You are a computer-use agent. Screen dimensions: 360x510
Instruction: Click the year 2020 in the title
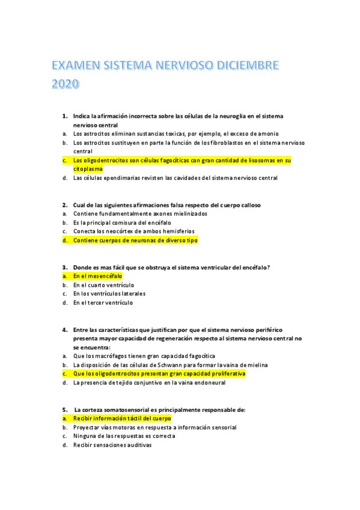(x=66, y=84)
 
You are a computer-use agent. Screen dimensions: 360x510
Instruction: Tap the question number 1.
(x=64, y=115)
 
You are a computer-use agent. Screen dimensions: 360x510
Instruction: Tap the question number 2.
(x=64, y=204)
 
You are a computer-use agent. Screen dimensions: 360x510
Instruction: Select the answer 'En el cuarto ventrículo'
(x=103, y=284)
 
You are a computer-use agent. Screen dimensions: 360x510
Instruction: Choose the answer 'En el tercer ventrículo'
(x=103, y=303)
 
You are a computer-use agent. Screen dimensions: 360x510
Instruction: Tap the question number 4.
(x=64, y=330)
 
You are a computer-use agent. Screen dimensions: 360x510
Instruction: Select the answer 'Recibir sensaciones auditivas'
(x=112, y=445)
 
